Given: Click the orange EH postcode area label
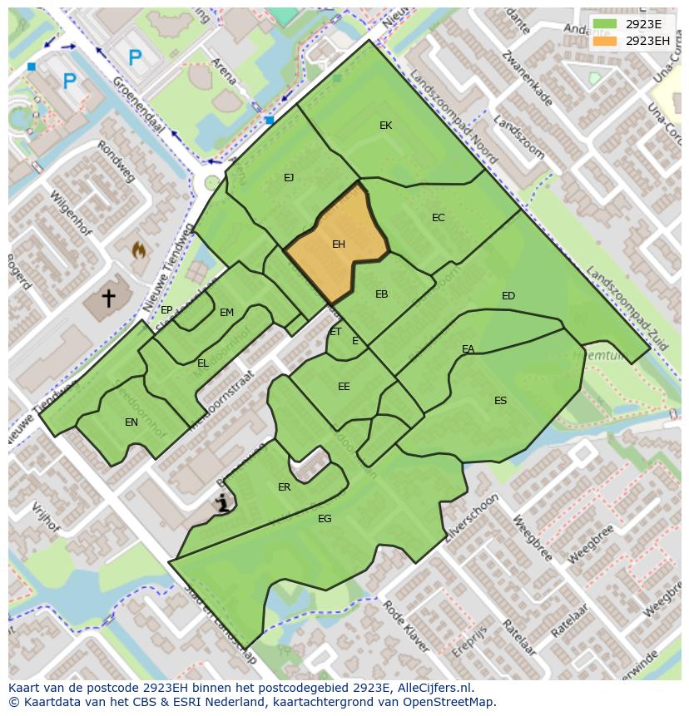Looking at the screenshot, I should [339, 244].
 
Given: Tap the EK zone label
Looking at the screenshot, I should [385, 126].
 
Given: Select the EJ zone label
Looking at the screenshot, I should [289, 177].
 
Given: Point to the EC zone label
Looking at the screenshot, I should [439, 218].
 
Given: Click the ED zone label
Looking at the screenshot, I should [508, 296].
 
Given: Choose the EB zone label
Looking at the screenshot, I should [381, 294].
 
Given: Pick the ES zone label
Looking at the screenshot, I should [500, 401].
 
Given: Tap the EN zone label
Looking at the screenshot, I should [131, 422].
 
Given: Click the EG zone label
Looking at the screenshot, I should [325, 519].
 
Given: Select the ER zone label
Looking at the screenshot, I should [285, 487].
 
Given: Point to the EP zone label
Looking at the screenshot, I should [166, 310].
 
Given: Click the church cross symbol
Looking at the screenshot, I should [109, 297].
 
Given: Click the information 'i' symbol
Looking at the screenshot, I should [222, 502].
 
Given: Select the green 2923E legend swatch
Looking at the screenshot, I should [605, 24].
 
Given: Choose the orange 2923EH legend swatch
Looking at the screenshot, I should [605, 41].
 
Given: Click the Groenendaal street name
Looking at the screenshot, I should [137, 106].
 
